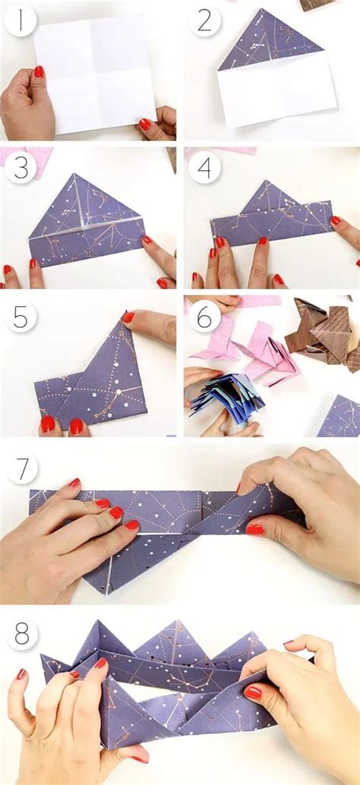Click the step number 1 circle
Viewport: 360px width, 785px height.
click(x=21, y=20)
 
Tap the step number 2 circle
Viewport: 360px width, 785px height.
click(x=205, y=20)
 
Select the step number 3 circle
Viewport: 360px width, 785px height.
click(x=21, y=168)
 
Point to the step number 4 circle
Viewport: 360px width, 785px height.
click(x=205, y=168)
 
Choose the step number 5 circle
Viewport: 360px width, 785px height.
click(x=21, y=315)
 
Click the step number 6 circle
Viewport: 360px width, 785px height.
click(x=205, y=315)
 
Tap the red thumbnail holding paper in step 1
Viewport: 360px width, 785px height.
click(x=39, y=71)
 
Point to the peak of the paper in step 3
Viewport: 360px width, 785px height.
click(x=74, y=175)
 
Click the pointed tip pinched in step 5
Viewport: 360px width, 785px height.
click(x=123, y=314)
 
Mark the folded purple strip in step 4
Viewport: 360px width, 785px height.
click(x=271, y=222)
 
